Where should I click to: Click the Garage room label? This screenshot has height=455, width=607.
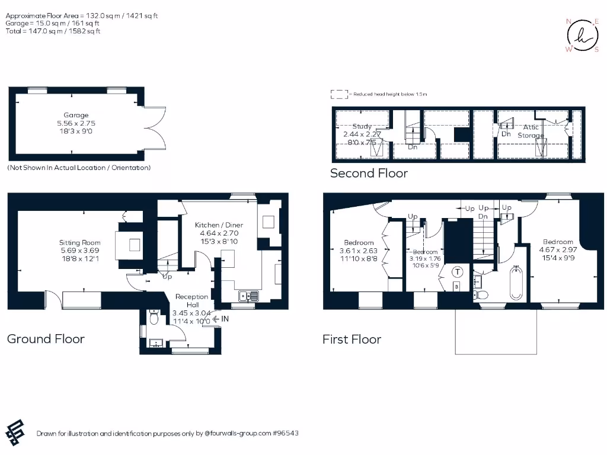coord(76,116)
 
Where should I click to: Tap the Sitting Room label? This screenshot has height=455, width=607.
coord(79,242)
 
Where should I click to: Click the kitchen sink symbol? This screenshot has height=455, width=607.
coord(247,296)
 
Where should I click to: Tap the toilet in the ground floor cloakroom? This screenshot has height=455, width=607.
coord(153,319)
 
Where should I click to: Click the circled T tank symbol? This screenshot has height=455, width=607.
coord(458,273)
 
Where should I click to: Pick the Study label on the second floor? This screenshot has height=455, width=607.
coord(362,126)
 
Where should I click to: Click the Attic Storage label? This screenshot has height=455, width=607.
coord(531,131)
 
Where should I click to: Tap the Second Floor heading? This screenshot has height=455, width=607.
coord(369,173)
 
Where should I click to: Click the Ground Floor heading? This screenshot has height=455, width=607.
coord(46,339)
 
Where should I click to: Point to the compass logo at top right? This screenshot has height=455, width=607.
coord(582,36)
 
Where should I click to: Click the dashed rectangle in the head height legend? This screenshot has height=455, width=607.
coord(338,94)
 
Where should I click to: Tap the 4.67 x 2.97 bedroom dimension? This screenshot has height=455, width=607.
coord(558,249)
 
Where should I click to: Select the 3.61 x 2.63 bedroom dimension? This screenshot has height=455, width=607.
coord(359,250)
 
